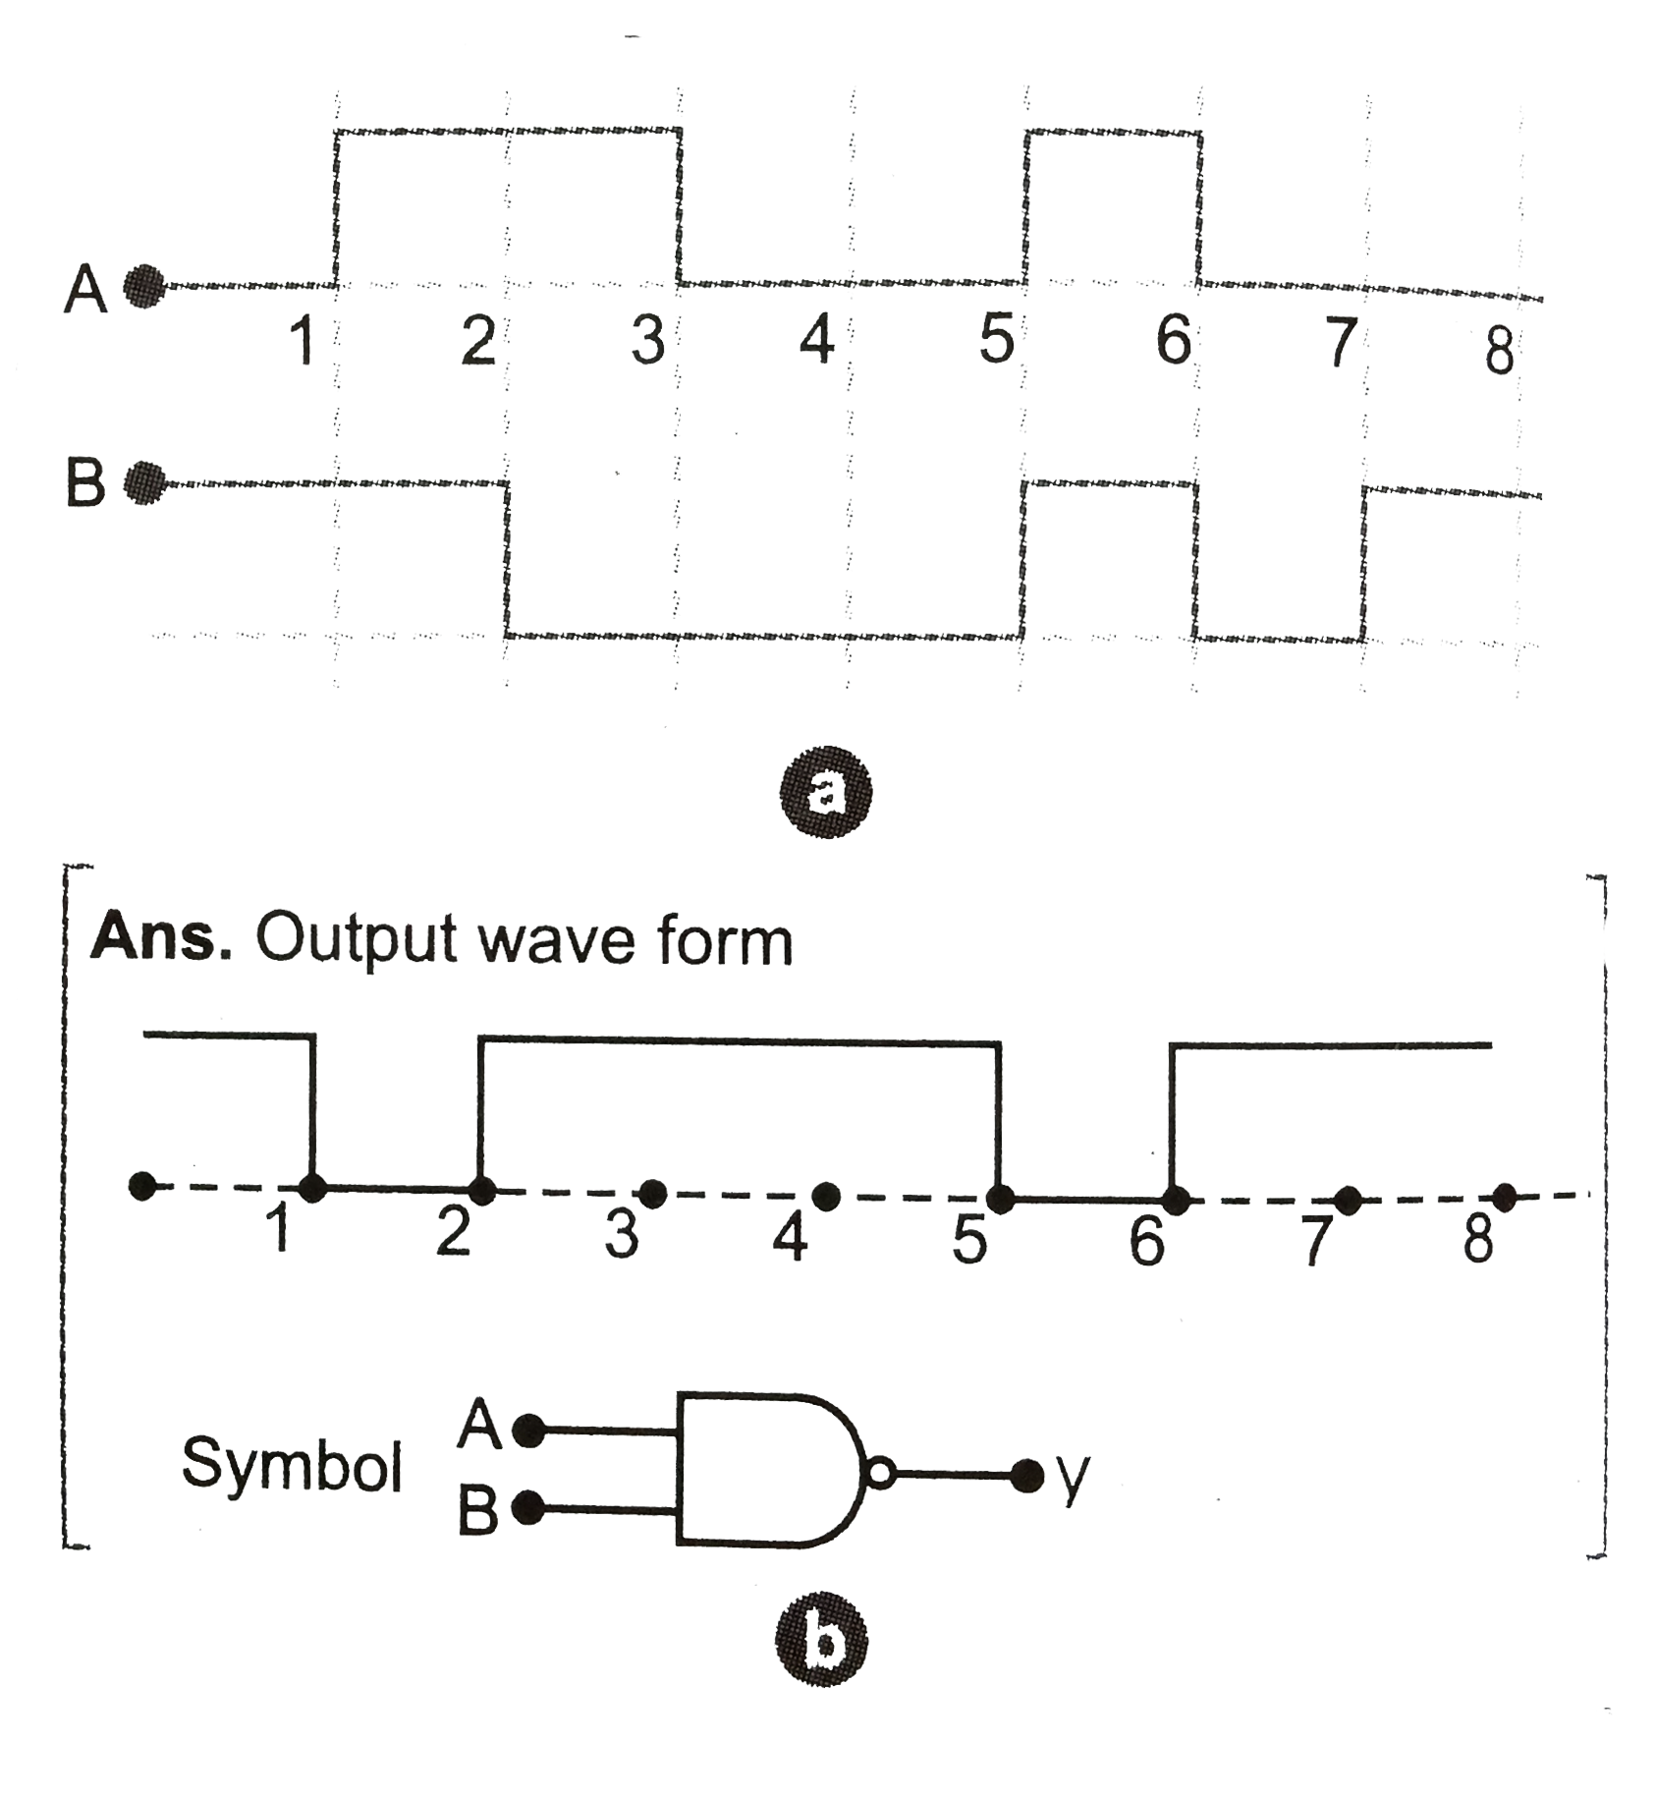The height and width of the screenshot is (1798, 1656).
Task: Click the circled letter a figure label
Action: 824,797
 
